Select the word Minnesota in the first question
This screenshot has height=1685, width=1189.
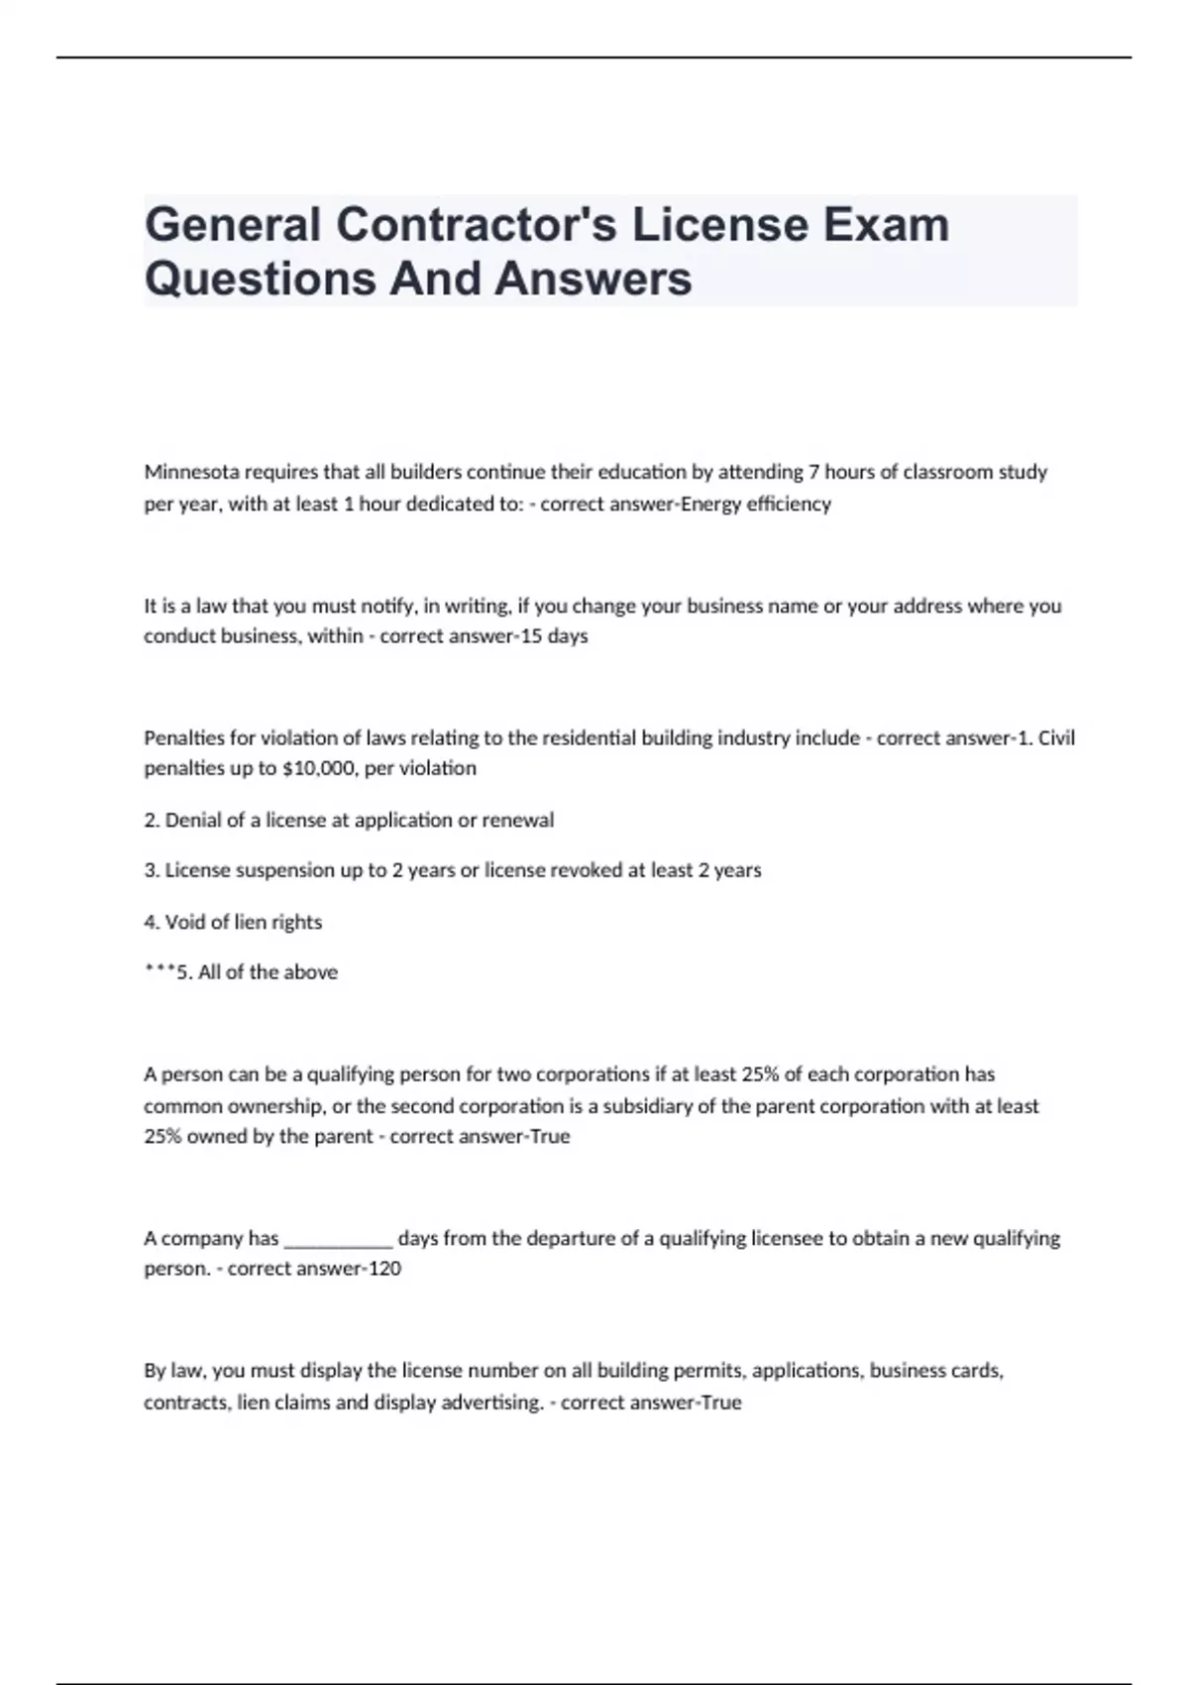pos(191,472)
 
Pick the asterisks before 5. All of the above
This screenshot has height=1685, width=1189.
pos(159,970)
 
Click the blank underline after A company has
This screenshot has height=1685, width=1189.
pos(339,1239)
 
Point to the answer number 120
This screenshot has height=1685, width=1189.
pos(384,1269)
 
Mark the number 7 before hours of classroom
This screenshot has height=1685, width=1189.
pos(814,472)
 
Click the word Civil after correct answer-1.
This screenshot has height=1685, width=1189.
pos(1056,737)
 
